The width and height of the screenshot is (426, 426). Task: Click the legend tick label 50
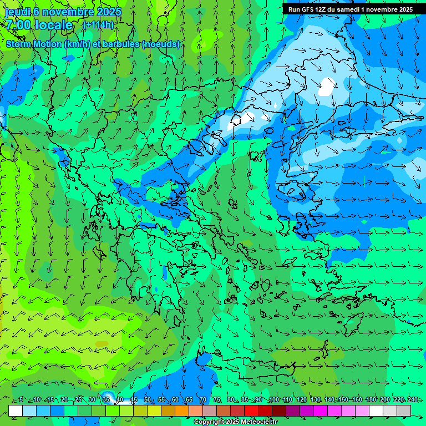coord(148,399)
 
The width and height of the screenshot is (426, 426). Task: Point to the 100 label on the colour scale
coord(274,399)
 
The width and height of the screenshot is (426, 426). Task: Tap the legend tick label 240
coord(413,399)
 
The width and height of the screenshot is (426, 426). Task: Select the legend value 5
coord(21,399)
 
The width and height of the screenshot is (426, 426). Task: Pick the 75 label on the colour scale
coord(217,399)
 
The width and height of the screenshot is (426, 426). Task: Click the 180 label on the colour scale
coord(370,399)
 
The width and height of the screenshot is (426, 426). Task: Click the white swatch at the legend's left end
coord(16,410)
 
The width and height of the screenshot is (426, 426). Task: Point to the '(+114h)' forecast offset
coord(98,24)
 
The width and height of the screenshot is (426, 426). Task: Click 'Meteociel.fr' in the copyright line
coord(255,422)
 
